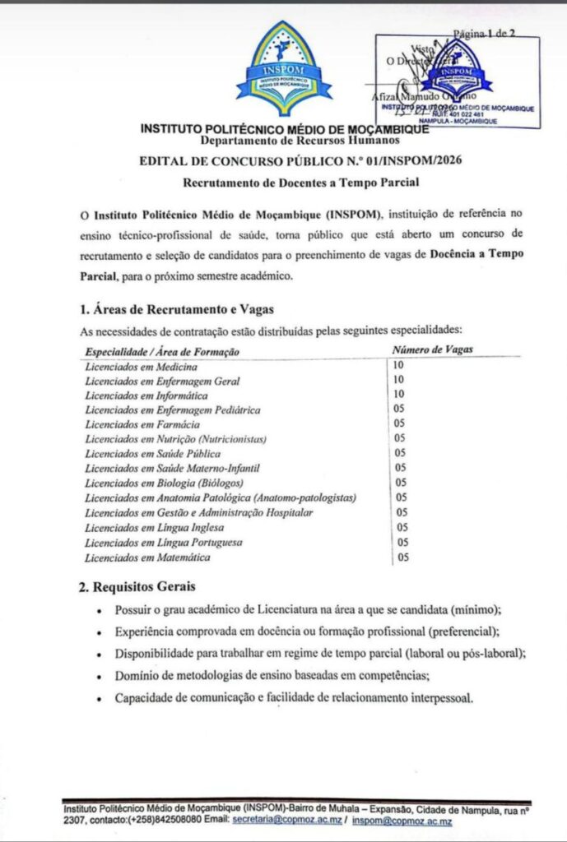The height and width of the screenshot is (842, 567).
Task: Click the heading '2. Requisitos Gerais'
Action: pyautogui.click(x=137, y=587)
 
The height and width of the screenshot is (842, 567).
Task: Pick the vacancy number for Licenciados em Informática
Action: pyautogui.click(x=399, y=395)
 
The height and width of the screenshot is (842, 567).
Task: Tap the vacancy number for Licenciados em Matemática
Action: pyautogui.click(x=403, y=557)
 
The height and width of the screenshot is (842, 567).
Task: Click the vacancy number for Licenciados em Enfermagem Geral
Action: pyautogui.click(x=399, y=380)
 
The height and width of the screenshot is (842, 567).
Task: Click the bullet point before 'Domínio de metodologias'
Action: pyautogui.click(x=99, y=677)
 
